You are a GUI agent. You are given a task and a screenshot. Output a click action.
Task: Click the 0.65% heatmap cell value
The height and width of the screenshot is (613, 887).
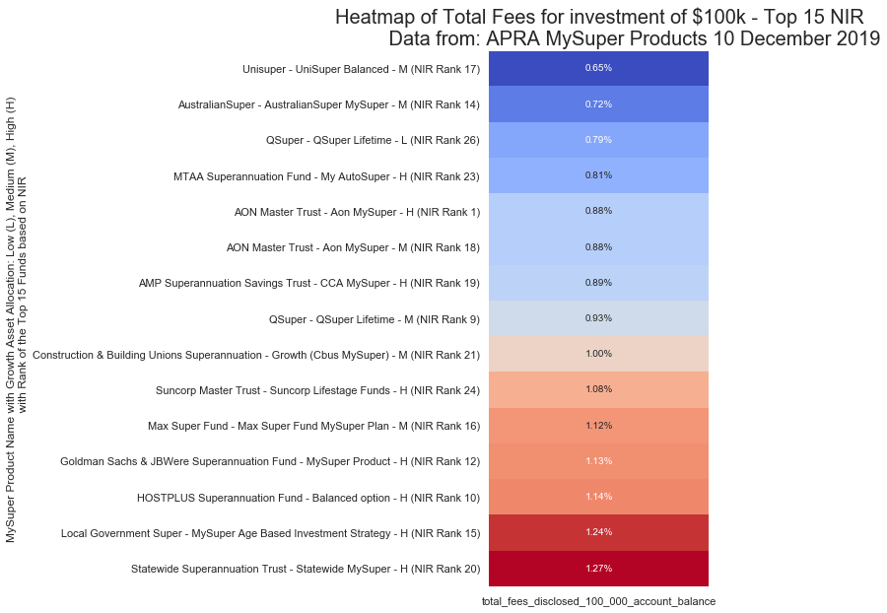(598, 68)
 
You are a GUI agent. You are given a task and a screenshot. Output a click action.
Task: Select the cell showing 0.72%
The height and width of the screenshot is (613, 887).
(598, 103)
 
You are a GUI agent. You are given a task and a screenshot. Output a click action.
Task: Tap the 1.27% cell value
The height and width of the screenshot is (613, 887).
(598, 569)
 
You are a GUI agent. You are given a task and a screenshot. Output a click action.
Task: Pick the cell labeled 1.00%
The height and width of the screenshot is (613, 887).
(598, 354)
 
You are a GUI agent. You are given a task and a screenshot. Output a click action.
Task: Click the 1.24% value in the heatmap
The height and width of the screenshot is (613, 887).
(598, 532)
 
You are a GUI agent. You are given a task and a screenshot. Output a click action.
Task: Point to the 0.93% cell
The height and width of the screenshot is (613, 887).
(598, 318)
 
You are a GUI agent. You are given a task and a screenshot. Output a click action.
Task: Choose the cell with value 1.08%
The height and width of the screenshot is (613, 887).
(598, 389)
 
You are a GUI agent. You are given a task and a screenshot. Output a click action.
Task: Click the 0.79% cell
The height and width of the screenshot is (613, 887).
(598, 140)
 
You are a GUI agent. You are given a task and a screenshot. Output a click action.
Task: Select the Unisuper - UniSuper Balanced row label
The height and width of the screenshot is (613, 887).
(361, 69)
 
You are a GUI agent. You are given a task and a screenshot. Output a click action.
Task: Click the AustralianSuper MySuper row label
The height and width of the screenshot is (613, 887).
(328, 104)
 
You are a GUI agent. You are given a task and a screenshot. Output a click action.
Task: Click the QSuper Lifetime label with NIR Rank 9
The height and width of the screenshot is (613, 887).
(374, 318)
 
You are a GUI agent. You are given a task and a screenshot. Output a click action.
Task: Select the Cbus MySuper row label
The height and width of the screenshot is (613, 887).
(256, 354)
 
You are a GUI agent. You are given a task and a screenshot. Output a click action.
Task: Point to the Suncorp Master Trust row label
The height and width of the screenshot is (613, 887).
(317, 390)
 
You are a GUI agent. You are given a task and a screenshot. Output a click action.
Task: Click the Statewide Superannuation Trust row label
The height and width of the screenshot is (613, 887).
(305, 569)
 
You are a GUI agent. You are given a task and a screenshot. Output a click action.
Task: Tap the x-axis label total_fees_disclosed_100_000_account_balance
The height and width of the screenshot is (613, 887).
(598, 600)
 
